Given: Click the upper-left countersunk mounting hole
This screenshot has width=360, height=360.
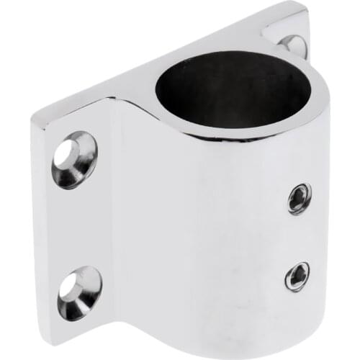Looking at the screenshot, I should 73,158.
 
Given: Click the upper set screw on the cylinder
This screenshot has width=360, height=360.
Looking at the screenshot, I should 299,197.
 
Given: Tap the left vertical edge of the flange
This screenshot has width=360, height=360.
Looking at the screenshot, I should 36,216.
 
